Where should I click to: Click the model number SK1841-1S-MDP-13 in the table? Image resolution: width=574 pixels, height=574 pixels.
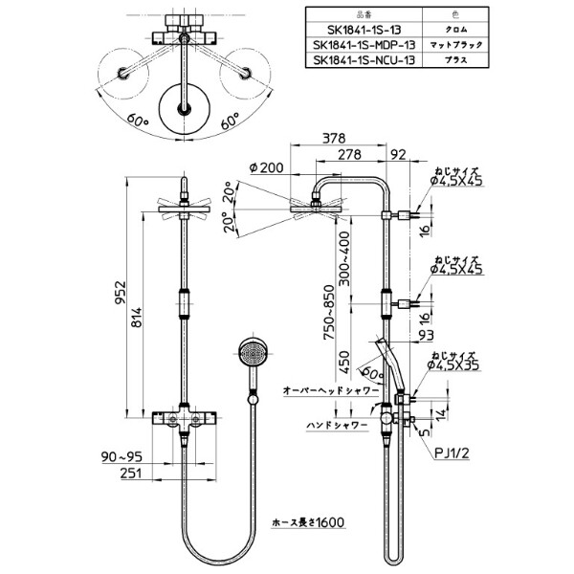point(364,44)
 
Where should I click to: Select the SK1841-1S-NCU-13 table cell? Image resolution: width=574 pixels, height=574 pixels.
point(364,60)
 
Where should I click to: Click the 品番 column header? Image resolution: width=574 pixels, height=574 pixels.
point(364,13)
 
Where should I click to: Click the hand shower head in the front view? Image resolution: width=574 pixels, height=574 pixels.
point(251,354)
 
